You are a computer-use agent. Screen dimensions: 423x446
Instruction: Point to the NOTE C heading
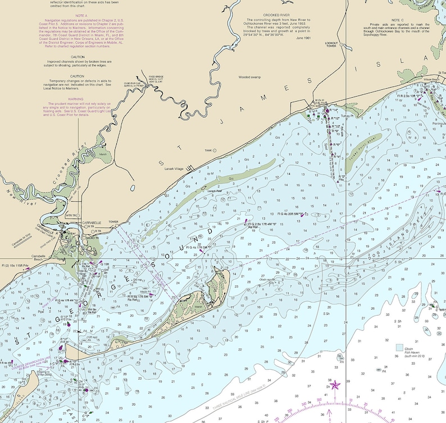398,20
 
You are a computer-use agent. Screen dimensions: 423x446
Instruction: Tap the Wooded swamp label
250,77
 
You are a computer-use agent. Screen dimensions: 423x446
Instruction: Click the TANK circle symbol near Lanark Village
214,151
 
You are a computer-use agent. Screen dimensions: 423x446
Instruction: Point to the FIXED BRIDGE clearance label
156,77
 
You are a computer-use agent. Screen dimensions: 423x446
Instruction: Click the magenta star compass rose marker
335,385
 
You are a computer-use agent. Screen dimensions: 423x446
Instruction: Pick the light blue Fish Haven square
399,348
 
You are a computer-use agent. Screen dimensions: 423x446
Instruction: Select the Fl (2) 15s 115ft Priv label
15,265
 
